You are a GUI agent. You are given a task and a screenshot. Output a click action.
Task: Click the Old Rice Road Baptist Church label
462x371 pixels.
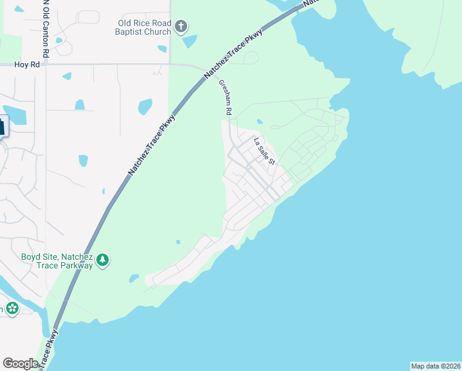point(145,27)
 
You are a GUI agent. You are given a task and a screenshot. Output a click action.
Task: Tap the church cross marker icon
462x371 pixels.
point(181,26)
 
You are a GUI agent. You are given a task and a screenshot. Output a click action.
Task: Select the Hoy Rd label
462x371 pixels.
point(28,64)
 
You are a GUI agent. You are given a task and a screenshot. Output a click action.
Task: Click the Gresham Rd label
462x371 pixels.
point(225,98)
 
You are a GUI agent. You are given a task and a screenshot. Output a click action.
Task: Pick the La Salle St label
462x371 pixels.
point(265,151)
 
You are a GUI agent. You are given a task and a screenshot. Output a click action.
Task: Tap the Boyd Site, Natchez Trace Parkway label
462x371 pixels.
point(57,261)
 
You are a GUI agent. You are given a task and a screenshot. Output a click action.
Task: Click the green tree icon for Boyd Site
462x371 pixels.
point(103,261)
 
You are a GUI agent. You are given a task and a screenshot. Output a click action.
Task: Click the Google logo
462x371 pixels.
point(20,364)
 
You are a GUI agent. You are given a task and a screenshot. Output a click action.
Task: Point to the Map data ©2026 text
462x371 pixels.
point(435,366)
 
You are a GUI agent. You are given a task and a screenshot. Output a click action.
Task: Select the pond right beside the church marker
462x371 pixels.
point(190,41)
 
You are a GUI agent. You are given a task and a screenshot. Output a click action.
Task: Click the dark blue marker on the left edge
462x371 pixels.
point(2,127)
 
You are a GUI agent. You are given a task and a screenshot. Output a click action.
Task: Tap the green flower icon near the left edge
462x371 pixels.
point(12,308)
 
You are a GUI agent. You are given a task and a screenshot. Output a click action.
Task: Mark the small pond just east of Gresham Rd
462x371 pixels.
point(259,121)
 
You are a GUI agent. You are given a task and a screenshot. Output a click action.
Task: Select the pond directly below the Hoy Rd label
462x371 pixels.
point(67,76)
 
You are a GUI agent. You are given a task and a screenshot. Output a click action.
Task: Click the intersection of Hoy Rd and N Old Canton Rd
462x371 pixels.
point(45,64)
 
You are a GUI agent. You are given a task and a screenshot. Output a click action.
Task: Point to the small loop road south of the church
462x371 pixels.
point(251,58)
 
